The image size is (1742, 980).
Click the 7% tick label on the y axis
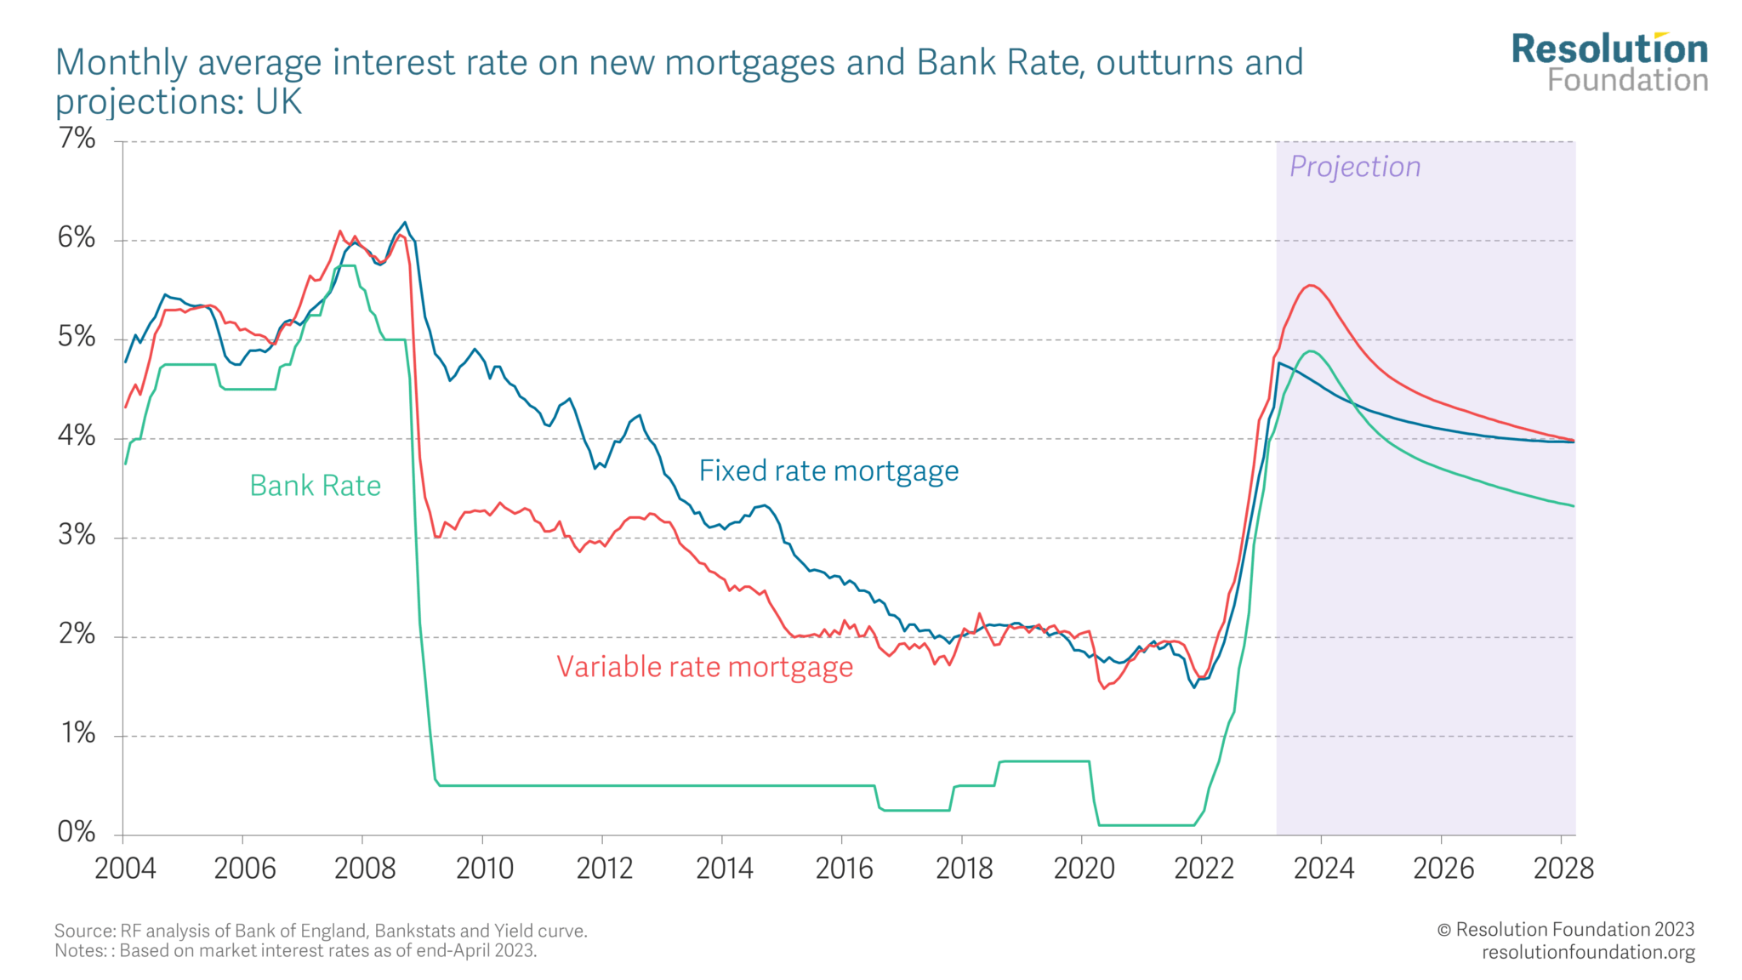(77, 138)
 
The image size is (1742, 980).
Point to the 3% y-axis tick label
(77, 535)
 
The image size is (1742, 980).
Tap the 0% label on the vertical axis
(77, 832)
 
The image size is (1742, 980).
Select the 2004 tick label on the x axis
(125, 869)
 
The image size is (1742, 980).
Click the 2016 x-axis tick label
(845, 869)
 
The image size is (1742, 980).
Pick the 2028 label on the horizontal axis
(1563, 869)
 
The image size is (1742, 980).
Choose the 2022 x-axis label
(1204, 869)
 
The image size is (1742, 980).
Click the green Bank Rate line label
(315, 486)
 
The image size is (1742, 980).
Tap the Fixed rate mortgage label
(828, 470)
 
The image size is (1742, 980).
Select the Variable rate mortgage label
(704, 667)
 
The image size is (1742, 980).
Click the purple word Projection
(1355, 167)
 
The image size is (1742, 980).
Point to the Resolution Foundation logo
(1609, 62)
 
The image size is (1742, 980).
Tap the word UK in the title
(278, 102)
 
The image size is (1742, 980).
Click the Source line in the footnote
(321, 931)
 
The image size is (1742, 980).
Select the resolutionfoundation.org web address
(1588, 952)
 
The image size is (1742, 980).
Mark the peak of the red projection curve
(1311, 286)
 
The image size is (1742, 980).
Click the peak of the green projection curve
(1311, 351)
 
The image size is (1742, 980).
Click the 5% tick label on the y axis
(77, 337)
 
